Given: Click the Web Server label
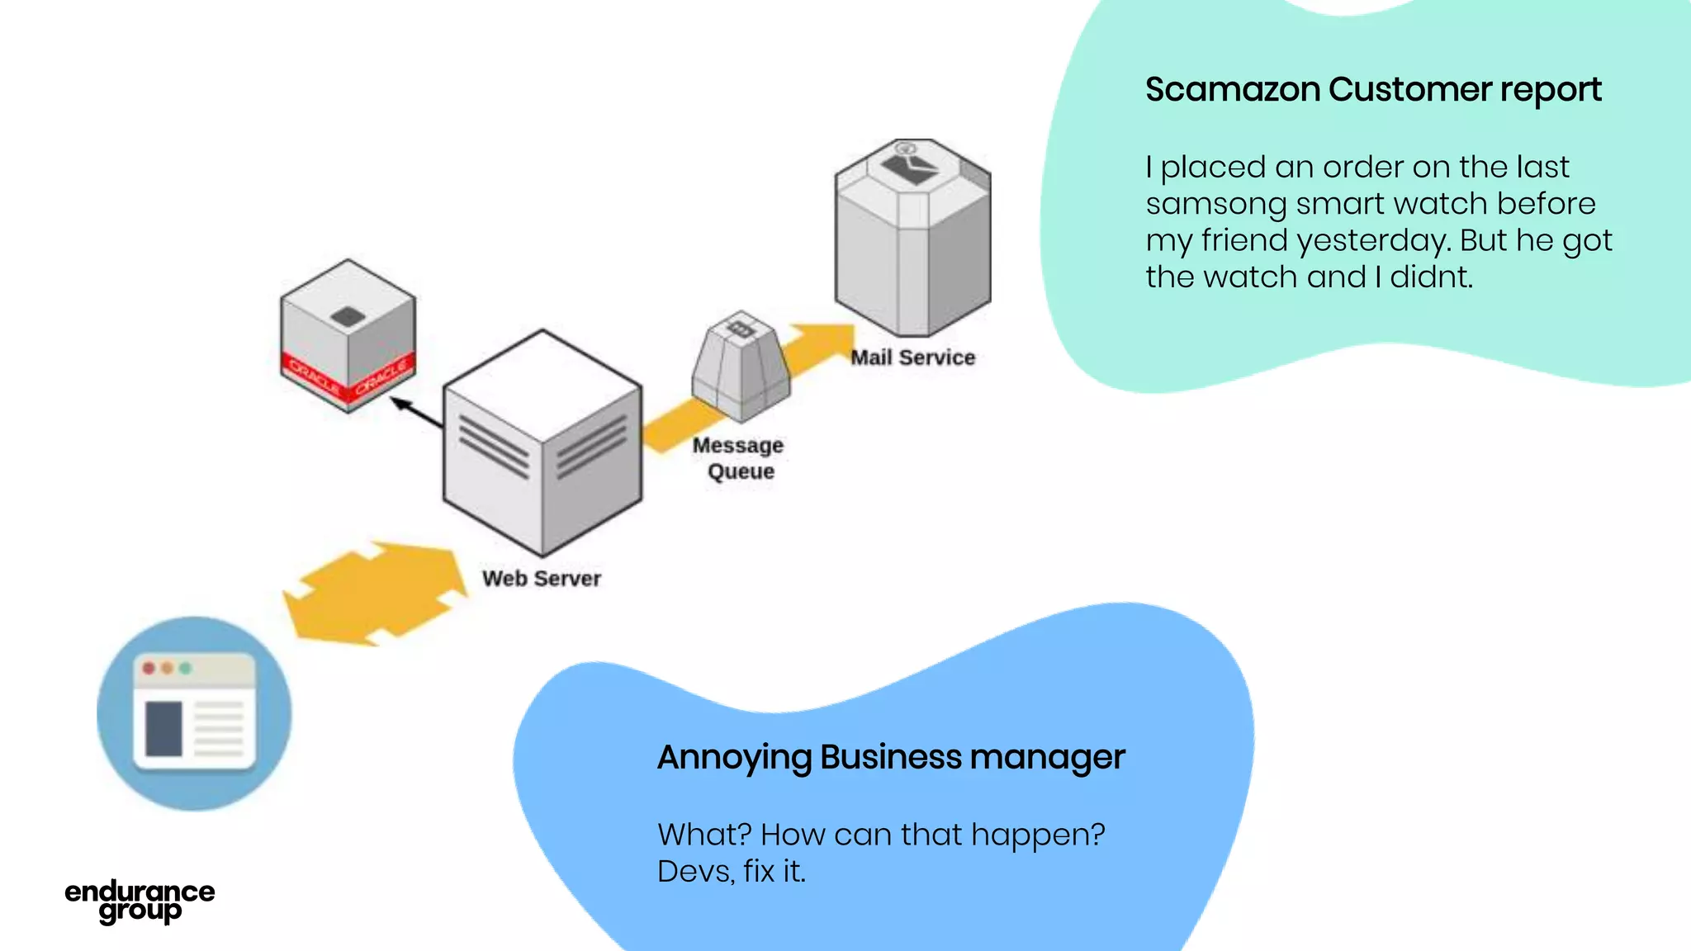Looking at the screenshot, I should tap(541, 578).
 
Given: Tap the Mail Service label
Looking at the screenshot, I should tap(912, 357).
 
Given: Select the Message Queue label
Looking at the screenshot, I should tap(738, 458).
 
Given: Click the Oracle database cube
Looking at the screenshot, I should tap(348, 334).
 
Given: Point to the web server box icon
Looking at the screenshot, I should tap(542, 442).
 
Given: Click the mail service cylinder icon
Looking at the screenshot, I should tap(912, 239).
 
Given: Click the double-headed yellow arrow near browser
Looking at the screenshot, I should tap(376, 593).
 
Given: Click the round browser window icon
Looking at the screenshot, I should tap(194, 713).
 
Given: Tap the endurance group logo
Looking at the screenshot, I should tap(140, 901).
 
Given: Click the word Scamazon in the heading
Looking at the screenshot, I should tap(1233, 89).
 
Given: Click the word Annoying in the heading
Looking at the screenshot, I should tap(733, 758).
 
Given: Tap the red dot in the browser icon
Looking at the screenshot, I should tap(149, 668).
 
